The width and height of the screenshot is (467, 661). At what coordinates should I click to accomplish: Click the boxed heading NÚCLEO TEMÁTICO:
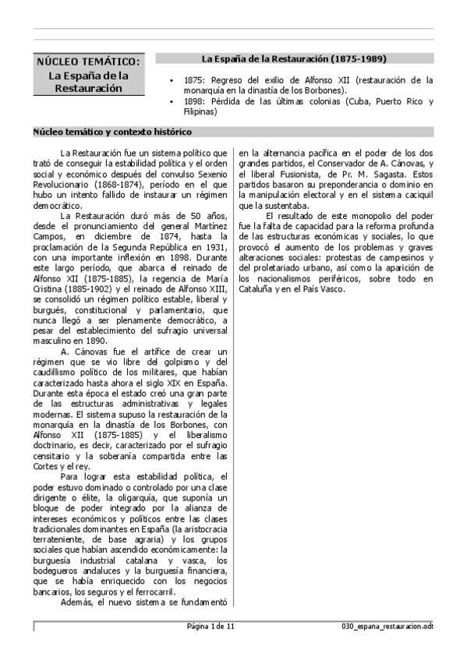89,62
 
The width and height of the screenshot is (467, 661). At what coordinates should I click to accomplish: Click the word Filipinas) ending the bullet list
200,111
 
